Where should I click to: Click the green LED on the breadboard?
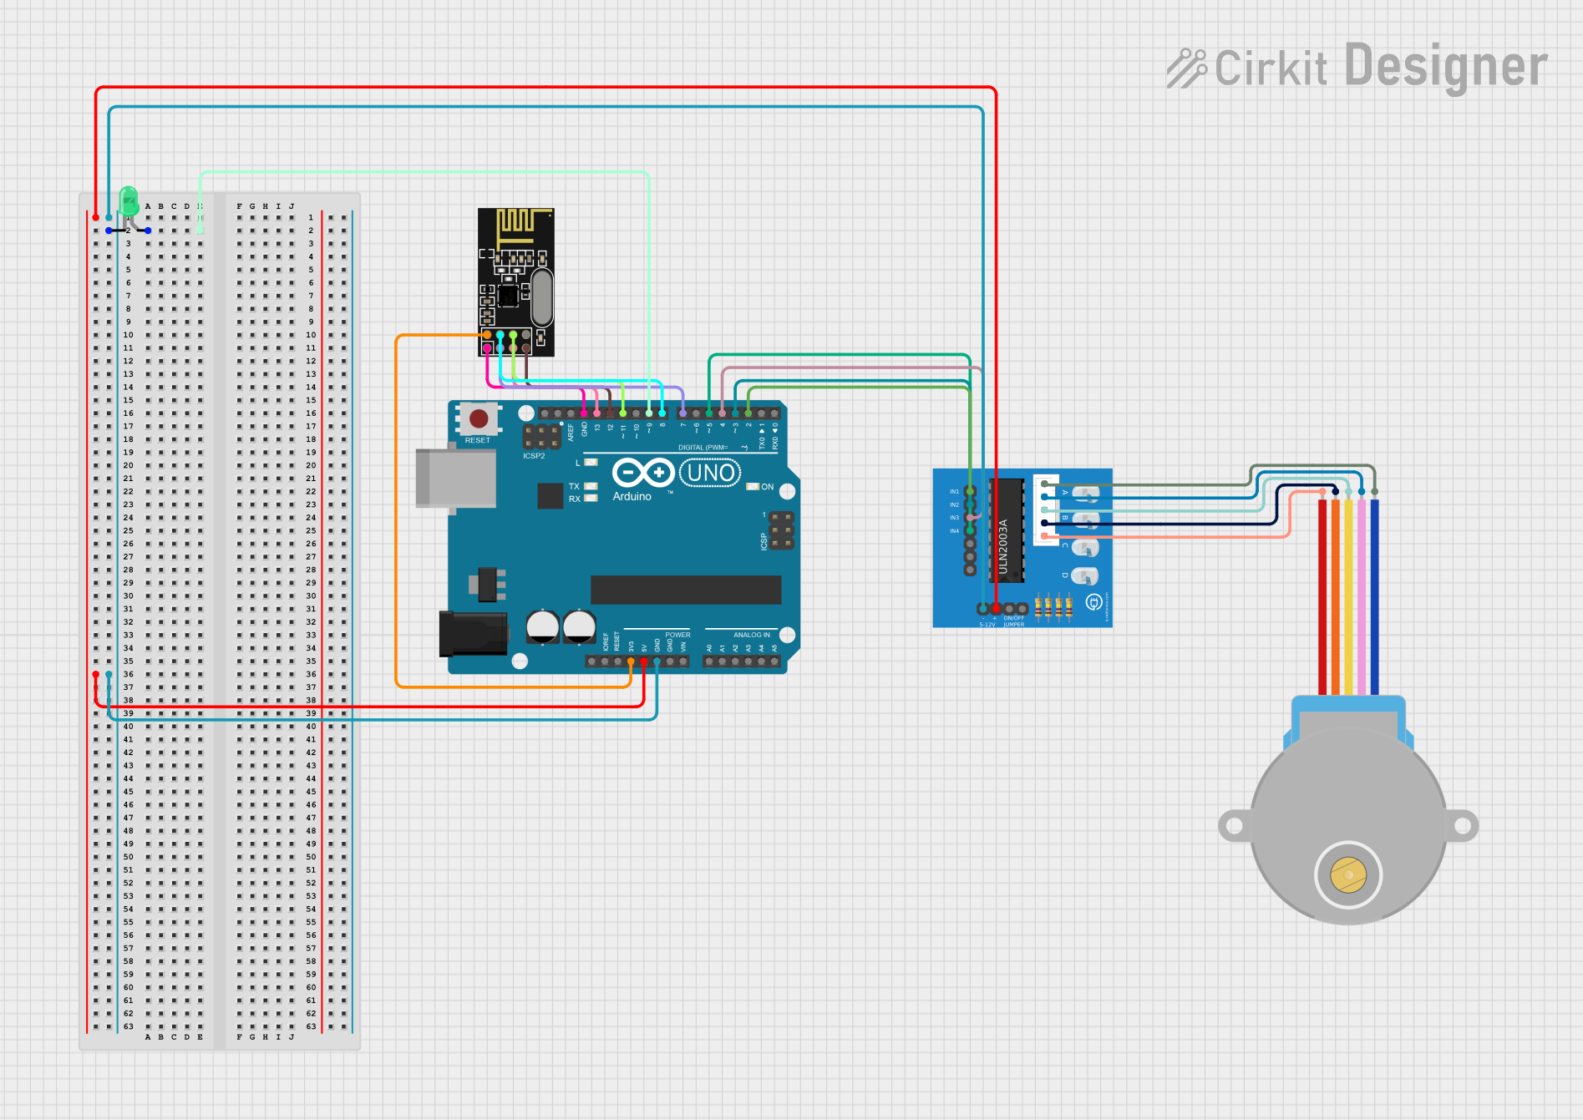(x=129, y=201)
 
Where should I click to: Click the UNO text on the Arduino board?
(x=711, y=474)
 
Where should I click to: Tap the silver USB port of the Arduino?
(x=455, y=478)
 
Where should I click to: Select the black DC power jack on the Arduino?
(x=473, y=634)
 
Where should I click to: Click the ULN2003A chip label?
(x=1004, y=546)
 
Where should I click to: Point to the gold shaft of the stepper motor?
(x=1348, y=875)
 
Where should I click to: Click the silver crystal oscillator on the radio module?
(x=541, y=297)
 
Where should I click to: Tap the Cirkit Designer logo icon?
(x=1186, y=68)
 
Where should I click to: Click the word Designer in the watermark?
(x=1446, y=67)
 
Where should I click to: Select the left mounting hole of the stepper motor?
(x=1234, y=826)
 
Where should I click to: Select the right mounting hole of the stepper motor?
(x=1463, y=826)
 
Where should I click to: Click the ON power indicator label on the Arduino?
(x=767, y=487)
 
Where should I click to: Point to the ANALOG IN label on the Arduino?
(x=752, y=635)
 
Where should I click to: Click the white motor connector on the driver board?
(x=1045, y=509)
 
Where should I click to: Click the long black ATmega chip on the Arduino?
(x=686, y=590)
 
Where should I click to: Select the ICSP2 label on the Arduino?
(x=534, y=456)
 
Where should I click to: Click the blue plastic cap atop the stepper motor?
(x=1348, y=706)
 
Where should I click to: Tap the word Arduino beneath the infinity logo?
(x=632, y=496)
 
